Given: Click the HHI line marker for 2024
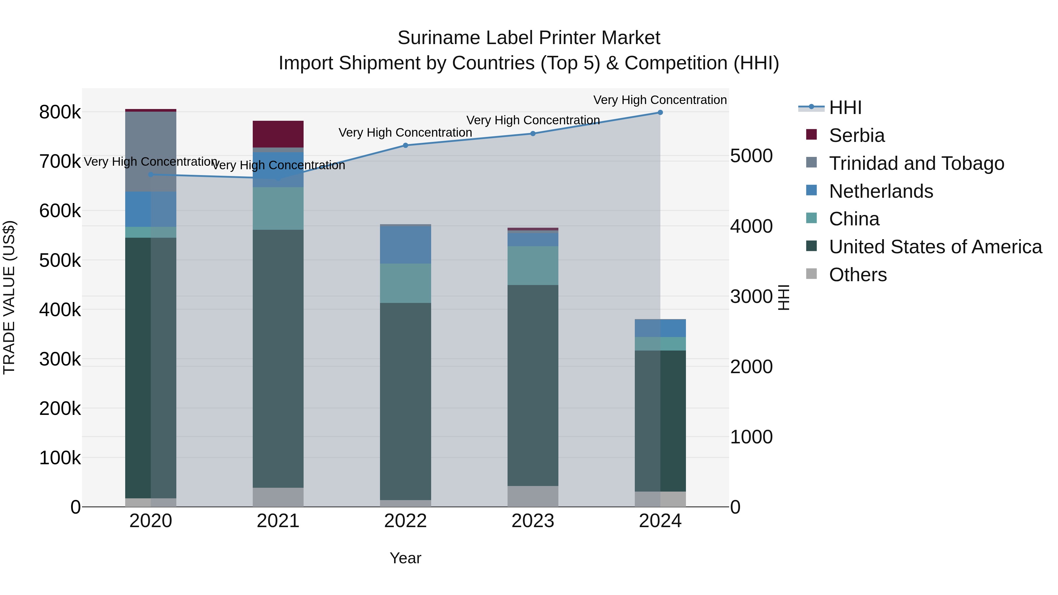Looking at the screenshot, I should tap(660, 113).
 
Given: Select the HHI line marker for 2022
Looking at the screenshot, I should tap(405, 145).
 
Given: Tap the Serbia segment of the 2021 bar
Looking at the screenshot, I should tap(278, 134).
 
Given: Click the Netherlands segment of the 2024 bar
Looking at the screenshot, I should tap(660, 328).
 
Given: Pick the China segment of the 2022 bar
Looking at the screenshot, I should tap(405, 283).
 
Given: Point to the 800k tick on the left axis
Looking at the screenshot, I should tap(60, 112).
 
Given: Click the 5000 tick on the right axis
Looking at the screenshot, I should tap(751, 156).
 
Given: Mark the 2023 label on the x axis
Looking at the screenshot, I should tap(533, 521).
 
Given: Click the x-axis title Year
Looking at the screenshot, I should tap(405, 558).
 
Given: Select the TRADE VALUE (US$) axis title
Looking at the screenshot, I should tap(9, 297).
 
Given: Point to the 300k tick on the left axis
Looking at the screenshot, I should tap(60, 359).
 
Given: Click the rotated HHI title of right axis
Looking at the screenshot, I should tap(783, 297).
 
